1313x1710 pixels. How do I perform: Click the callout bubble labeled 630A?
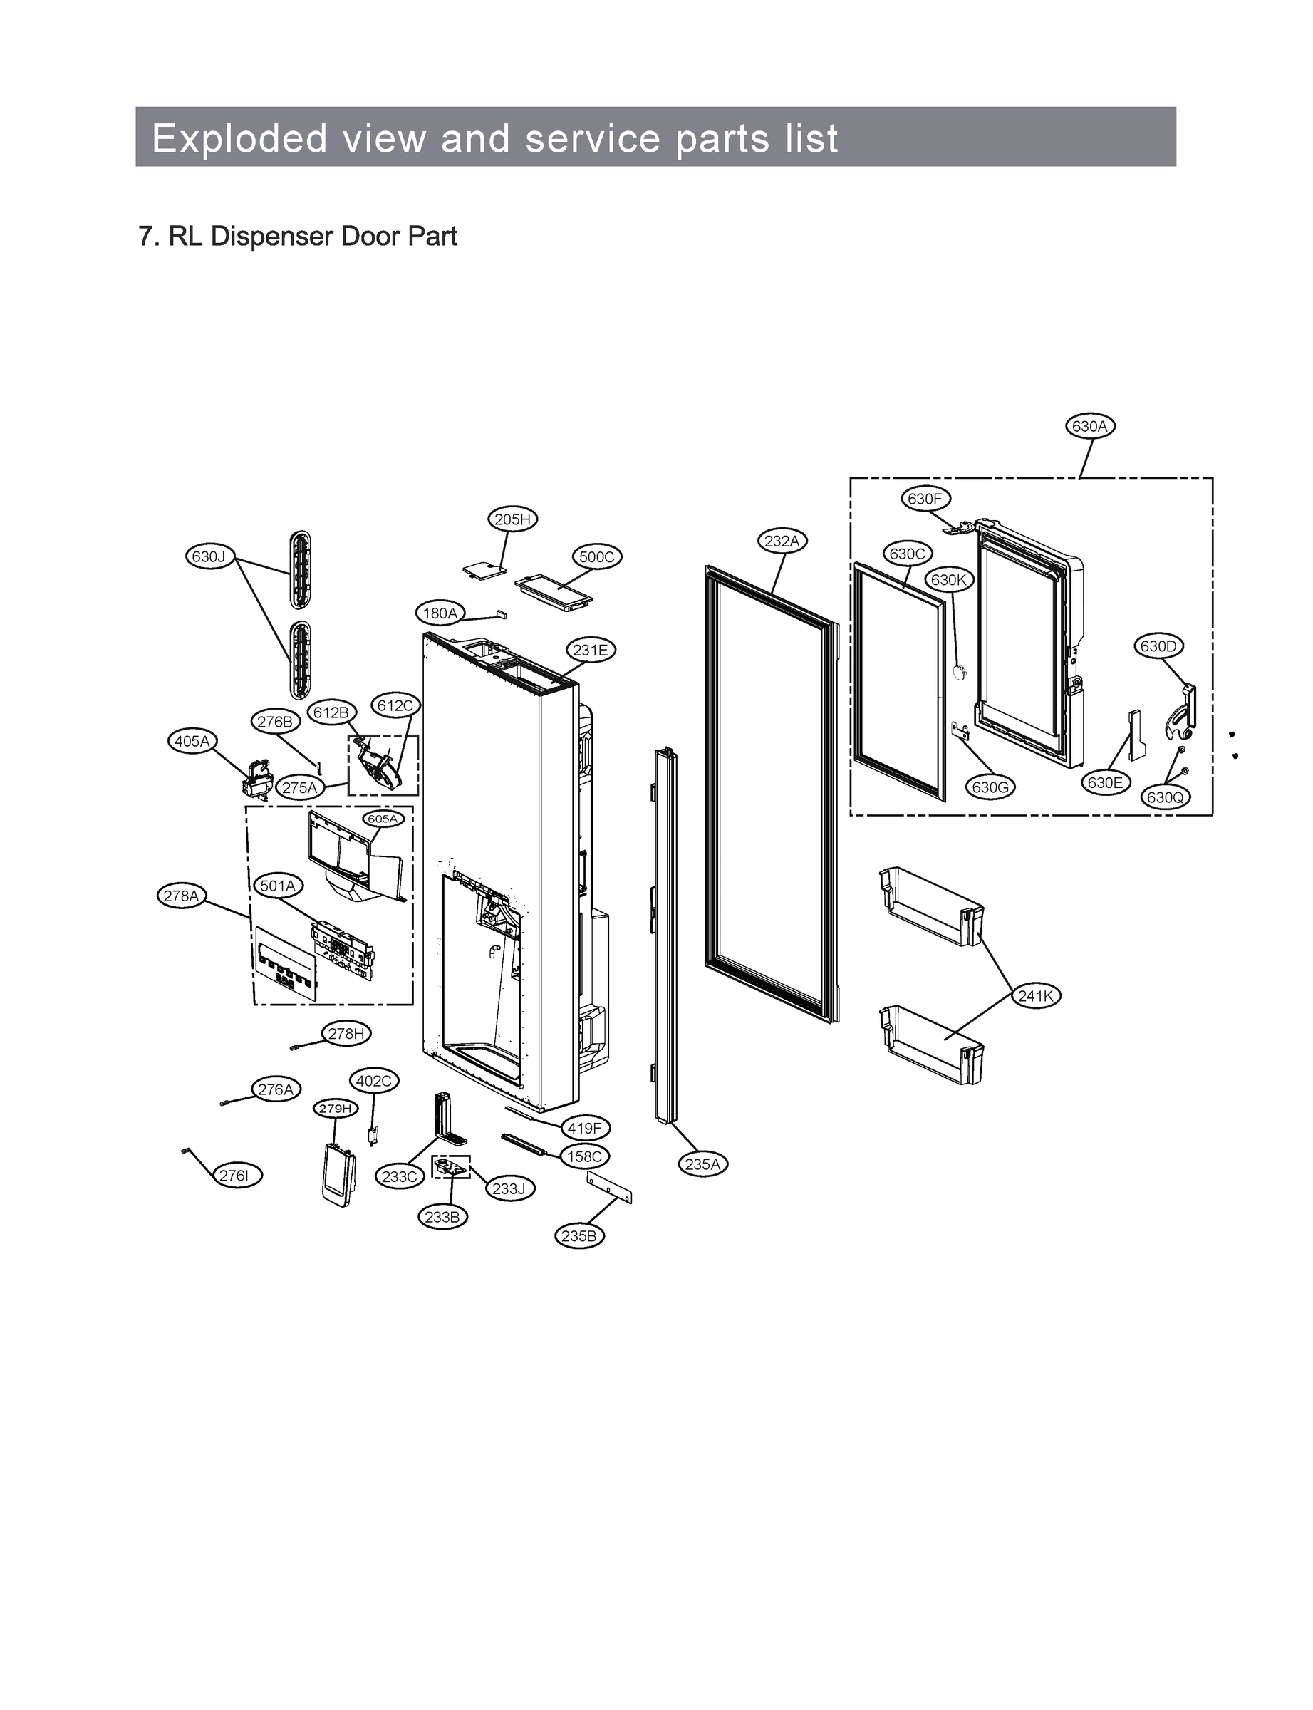pos(1089,426)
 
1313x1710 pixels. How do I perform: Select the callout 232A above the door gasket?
pos(782,541)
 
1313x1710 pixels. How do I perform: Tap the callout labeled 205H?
pos(513,519)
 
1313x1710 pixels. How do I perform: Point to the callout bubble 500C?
pos(597,557)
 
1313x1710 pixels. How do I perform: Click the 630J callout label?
pos(209,556)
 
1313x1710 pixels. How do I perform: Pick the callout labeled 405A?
pos(192,741)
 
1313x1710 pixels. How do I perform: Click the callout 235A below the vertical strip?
pos(702,1164)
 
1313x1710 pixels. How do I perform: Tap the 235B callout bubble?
pos(579,1235)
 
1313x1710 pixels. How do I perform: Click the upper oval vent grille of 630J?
pos(299,571)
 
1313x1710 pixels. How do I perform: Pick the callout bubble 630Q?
pos(1165,797)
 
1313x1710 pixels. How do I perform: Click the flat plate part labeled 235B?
pos(609,1187)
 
